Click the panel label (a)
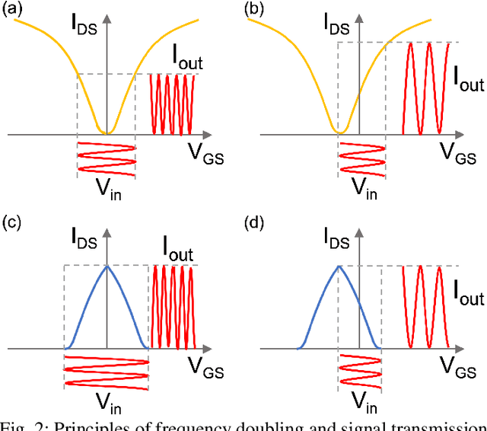click(14, 9)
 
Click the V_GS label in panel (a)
click(206, 154)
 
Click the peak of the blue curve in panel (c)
click(107, 265)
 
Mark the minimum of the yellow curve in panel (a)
click(107, 133)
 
